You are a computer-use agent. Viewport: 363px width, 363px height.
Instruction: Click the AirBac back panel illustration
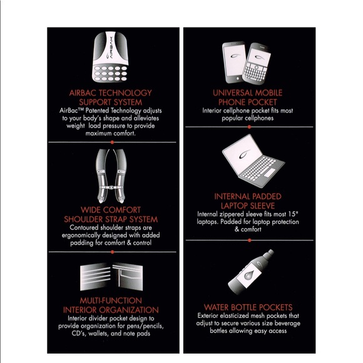click(x=110, y=57)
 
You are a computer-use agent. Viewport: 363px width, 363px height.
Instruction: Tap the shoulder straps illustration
click(x=111, y=176)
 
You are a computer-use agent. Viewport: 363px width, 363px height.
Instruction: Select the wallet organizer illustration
click(x=111, y=277)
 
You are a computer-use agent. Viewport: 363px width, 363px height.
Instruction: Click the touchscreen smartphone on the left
click(x=234, y=62)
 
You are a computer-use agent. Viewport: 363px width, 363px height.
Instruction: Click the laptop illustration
click(x=253, y=161)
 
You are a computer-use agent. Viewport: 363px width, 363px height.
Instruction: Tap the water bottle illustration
click(x=251, y=272)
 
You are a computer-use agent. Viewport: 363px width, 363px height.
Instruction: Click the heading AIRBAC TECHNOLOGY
click(x=110, y=93)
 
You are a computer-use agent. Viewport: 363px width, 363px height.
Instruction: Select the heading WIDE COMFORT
click(x=111, y=210)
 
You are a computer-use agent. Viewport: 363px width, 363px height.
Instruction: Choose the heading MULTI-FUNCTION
click(x=111, y=300)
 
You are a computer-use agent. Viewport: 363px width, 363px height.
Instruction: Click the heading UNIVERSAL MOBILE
click(x=247, y=93)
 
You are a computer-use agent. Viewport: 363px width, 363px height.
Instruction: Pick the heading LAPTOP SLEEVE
click(x=248, y=205)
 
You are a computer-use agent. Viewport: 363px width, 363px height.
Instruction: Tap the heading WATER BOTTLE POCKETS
click(x=248, y=307)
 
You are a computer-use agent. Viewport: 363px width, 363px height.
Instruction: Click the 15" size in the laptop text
click(x=294, y=214)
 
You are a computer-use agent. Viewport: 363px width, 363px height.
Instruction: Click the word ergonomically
click(x=81, y=235)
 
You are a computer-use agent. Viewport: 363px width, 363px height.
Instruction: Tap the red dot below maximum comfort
click(x=112, y=142)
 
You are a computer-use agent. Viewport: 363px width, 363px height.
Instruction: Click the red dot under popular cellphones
click(x=249, y=127)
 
